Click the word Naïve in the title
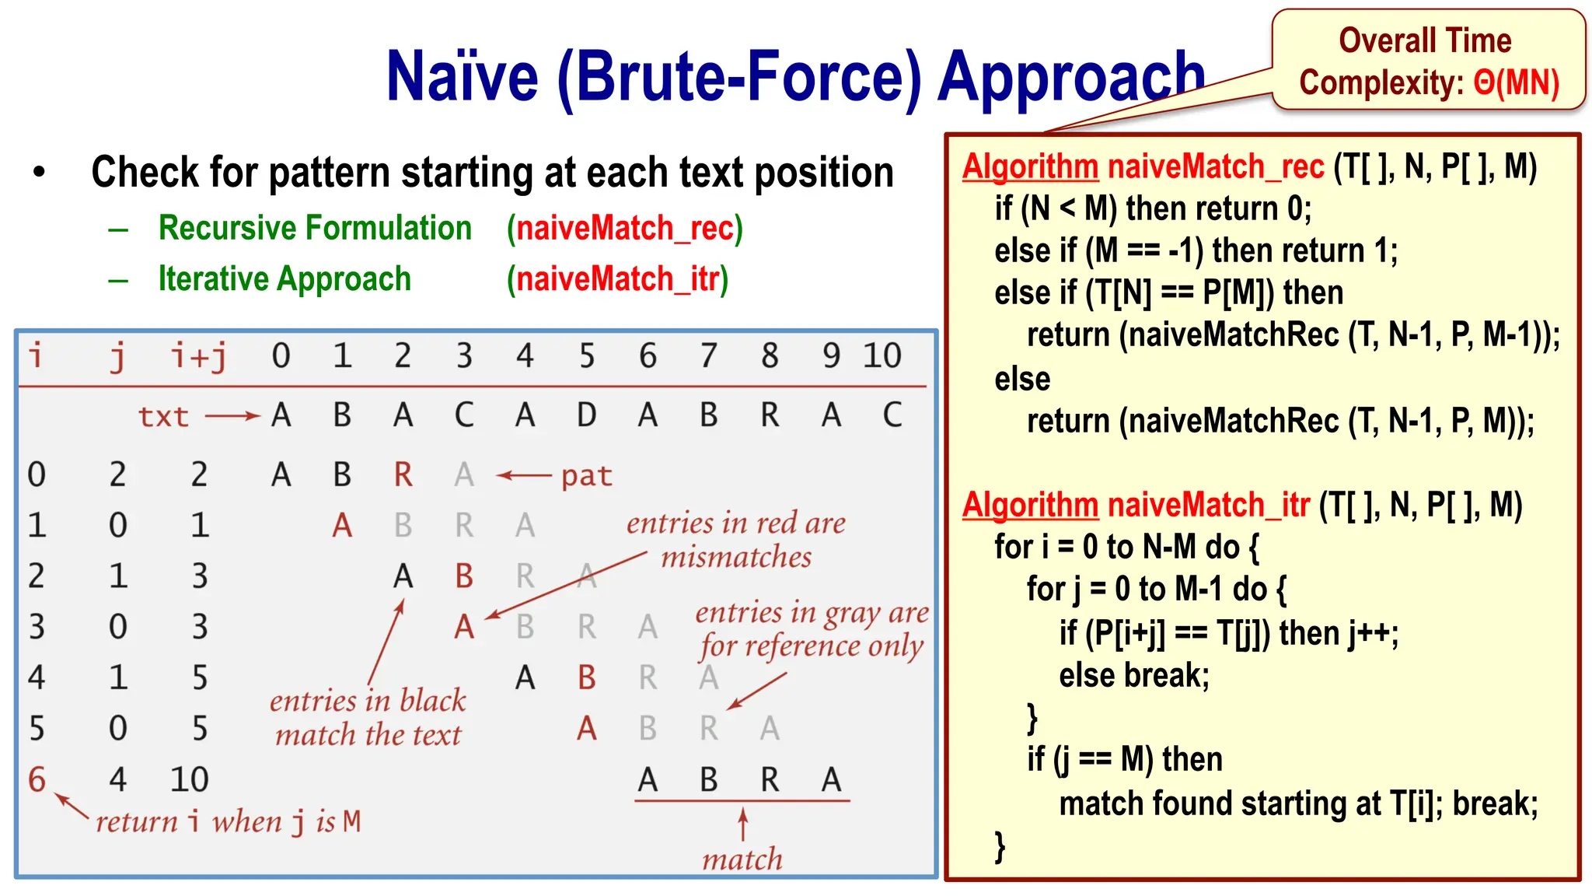click(462, 77)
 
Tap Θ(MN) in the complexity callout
click(1516, 82)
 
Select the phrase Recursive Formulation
click(315, 228)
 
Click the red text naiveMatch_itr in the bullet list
click(618, 279)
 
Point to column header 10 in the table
click(882, 356)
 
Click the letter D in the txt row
click(586, 415)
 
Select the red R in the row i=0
click(403, 474)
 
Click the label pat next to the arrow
click(587, 475)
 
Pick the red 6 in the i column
click(37, 779)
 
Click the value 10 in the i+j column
click(190, 779)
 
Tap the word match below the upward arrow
click(742, 859)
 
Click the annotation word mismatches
click(735, 557)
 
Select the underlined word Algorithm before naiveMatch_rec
click(1030, 166)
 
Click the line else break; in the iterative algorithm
click(1134, 675)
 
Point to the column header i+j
click(199, 356)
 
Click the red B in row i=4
click(587, 677)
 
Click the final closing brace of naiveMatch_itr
click(1000, 846)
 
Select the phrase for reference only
click(811, 646)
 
